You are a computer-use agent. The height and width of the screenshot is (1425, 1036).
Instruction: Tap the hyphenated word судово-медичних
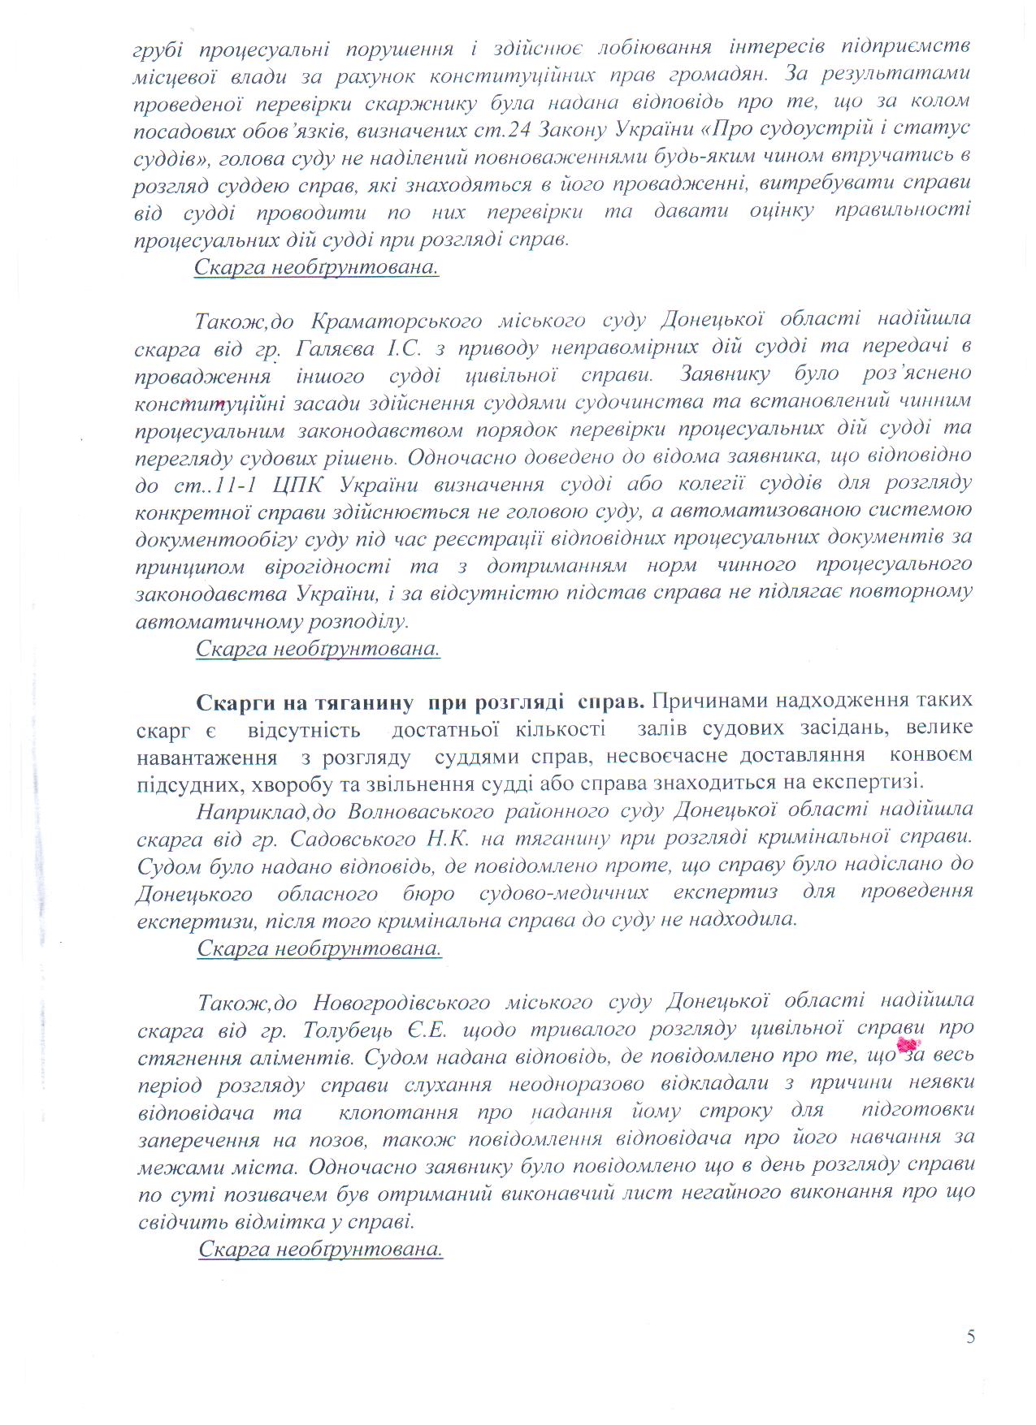[x=564, y=892]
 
